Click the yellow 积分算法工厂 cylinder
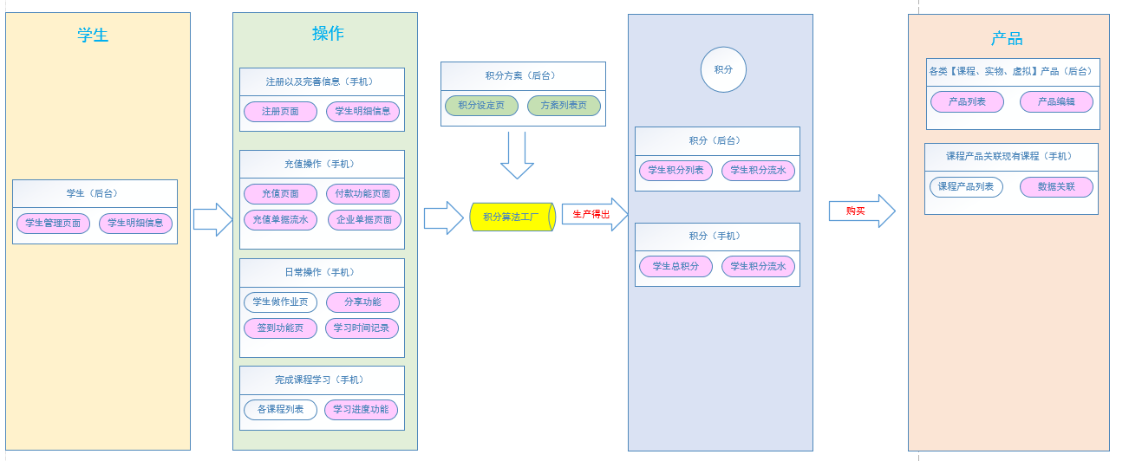click(512, 217)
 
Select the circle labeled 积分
click(723, 69)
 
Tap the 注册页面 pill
click(280, 112)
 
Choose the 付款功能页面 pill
click(362, 194)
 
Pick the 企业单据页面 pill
click(363, 220)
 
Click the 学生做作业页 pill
click(280, 302)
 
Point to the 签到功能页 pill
click(280, 328)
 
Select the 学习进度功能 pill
click(361, 410)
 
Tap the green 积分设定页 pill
click(480, 106)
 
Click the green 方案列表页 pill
click(564, 106)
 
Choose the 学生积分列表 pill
click(676, 171)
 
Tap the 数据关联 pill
click(1056, 187)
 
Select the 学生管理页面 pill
click(53, 224)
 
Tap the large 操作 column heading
click(328, 34)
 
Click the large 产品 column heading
click(1007, 39)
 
